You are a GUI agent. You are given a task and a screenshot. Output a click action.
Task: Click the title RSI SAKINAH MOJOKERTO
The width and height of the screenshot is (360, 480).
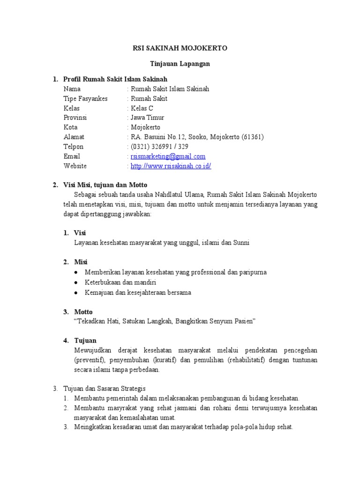click(x=180, y=48)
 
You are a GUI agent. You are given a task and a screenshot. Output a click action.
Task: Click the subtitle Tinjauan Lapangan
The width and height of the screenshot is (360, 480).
click(x=180, y=64)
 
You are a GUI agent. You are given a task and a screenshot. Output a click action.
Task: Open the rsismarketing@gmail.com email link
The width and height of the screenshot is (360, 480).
click(x=168, y=157)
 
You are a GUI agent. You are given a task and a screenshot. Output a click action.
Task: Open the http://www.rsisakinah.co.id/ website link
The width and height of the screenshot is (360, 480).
click(x=171, y=166)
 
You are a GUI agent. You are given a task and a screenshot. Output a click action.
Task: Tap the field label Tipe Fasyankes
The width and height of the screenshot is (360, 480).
click(x=85, y=98)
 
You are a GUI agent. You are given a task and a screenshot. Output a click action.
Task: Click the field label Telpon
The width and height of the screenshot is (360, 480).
click(x=73, y=147)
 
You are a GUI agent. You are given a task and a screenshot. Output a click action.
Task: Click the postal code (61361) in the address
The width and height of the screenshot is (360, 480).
click(x=253, y=137)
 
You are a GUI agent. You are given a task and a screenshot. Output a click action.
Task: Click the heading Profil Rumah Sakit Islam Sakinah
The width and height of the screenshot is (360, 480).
click(x=115, y=79)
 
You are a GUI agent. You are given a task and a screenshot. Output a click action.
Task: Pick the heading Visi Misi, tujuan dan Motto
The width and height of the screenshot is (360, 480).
click(x=105, y=185)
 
